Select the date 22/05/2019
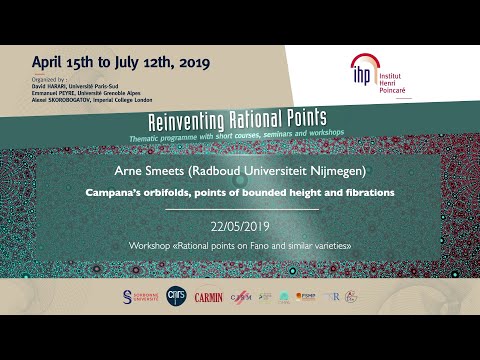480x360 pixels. [x=240, y=226]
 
